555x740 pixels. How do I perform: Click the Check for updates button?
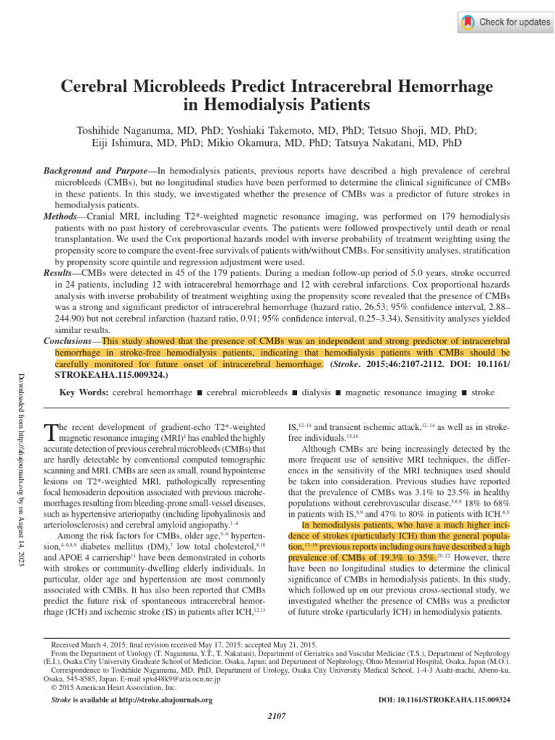point(504,22)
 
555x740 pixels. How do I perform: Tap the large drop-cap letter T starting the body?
point(50,433)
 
